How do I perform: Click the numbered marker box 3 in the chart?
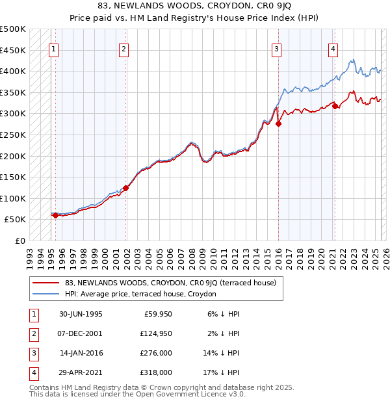276,48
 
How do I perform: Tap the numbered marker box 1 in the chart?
53,48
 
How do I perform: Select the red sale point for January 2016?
278,123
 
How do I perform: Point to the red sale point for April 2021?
335,106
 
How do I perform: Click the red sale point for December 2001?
125,188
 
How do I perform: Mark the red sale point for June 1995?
55,216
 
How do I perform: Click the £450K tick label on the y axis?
13,50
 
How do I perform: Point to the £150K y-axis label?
13,177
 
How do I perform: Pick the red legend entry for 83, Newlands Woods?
170,283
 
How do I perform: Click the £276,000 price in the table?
157,353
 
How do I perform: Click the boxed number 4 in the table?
32,372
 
